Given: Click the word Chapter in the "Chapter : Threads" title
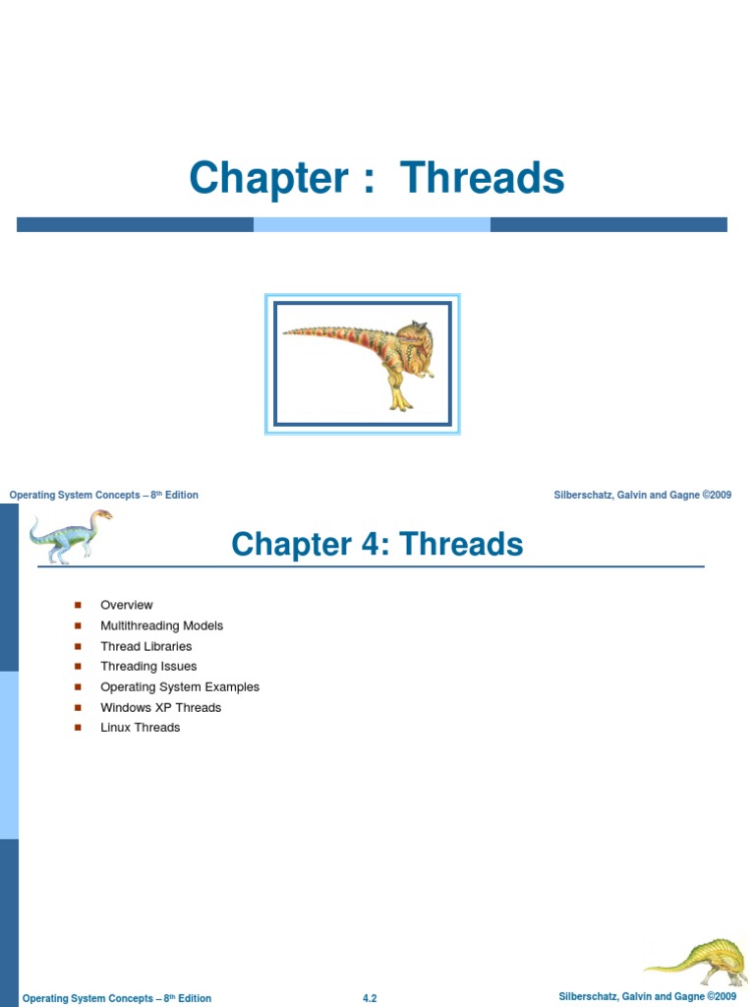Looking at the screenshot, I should [x=268, y=178].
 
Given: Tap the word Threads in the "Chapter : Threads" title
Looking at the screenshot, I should [x=483, y=178].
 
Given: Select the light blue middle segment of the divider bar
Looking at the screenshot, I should [x=372, y=224].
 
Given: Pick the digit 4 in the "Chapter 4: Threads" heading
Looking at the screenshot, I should [x=364, y=544].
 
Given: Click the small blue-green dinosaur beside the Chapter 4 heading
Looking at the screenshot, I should [x=69, y=536].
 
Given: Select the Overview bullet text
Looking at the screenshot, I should [x=127, y=605].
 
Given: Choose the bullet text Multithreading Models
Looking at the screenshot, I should [x=161, y=625].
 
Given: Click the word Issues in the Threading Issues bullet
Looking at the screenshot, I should [x=179, y=667].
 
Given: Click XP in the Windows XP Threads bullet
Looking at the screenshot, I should [x=162, y=707].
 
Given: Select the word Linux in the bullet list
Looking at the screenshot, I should [x=116, y=728].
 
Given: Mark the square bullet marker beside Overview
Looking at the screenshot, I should [x=78, y=605].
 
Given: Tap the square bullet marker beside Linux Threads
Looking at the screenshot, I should [x=78, y=728].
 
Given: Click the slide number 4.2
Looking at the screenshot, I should [x=370, y=998].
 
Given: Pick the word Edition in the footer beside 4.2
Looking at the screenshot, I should [x=194, y=998].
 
